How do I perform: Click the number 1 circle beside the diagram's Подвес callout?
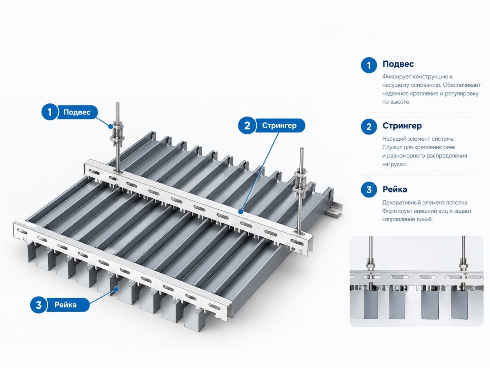point(49,112)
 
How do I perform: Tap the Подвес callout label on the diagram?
point(77,112)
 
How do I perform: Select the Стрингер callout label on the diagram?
point(279,126)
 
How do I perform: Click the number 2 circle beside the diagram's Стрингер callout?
point(247,126)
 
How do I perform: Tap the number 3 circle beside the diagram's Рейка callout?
point(39,305)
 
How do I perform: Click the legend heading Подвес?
point(398,64)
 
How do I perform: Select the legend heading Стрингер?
point(402,126)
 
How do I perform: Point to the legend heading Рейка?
point(395,189)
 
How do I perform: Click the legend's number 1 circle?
point(369,65)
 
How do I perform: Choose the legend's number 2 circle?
point(369,127)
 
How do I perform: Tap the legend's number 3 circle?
point(369,190)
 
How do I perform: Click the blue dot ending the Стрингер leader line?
point(241,211)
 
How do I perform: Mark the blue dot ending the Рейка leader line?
point(116,289)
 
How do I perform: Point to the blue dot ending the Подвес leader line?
point(110,126)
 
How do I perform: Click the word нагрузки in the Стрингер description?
point(394,164)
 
